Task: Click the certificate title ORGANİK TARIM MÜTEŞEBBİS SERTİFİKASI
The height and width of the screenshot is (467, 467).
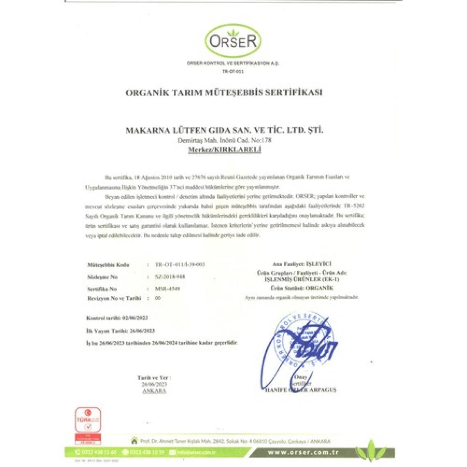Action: pyautogui.click(x=224, y=92)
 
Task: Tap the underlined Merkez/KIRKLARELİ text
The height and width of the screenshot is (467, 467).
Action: pyautogui.click(x=224, y=150)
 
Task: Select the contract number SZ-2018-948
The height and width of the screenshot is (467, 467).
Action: pyautogui.click(x=170, y=277)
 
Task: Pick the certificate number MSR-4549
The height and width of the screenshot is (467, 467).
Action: pyautogui.click(x=168, y=288)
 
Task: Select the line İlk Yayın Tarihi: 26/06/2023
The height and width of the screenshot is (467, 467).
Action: pyautogui.click(x=120, y=330)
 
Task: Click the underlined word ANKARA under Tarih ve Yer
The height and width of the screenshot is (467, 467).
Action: pyautogui.click(x=154, y=391)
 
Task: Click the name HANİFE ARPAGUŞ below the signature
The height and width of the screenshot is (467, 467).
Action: pyautogui.click(x=301, y=390)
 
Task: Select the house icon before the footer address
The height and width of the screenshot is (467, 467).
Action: pyautogui.click(x=134, y=441)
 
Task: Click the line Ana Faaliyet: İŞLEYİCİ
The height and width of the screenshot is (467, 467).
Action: pyautogui.click(x=302, y=265)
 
